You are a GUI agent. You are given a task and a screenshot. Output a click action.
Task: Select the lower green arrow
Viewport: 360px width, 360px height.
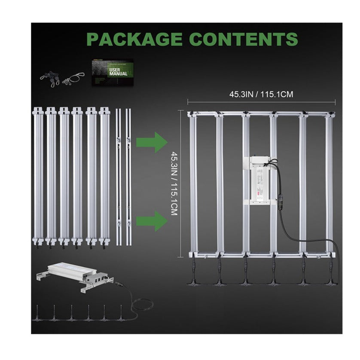tap(151, 221)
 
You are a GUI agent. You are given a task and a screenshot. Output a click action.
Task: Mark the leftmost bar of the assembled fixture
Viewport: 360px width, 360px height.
tap(193, 185)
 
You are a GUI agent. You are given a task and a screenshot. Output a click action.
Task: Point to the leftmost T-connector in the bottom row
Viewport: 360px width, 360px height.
tap(38, 314)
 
